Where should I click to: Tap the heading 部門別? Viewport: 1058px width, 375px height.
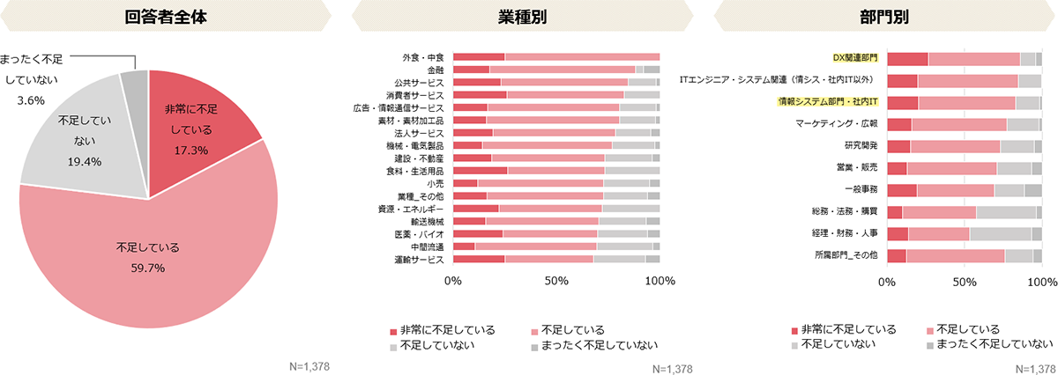[x=883, y=17]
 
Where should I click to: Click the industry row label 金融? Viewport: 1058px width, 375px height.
[x=435, y=70]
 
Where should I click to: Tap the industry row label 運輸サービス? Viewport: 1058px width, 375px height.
[x=418, y=260]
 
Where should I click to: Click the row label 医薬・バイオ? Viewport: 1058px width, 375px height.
[x=421, y=234]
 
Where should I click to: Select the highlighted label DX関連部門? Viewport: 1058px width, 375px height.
[x=855, y=58]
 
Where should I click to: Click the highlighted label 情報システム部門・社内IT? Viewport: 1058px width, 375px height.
[x=827, y=102]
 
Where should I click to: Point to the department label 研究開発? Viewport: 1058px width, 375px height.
[x=861, y=146]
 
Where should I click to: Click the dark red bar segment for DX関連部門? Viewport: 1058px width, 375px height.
[x=907, y=59]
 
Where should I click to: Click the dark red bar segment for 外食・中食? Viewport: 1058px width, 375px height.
[x=479, y=57]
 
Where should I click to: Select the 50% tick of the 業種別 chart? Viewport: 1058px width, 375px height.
[x=556, y=281]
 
